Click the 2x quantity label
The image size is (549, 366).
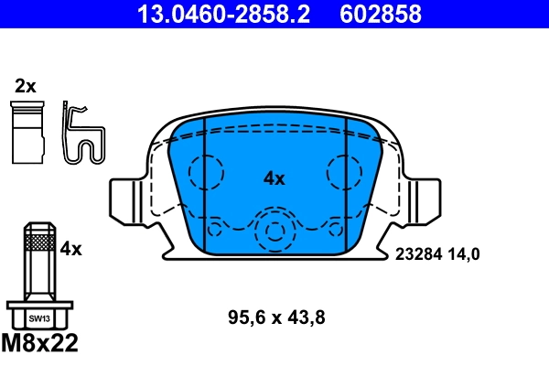pos(25,87)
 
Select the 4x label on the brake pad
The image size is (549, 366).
pos(274,179)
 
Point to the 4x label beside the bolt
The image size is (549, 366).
pos(70,248)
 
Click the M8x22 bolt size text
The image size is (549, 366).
pos(42,345)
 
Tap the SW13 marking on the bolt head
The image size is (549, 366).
pos(39,318)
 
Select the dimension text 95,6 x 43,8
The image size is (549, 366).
pos(276,318)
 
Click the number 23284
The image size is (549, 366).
pos(417,255)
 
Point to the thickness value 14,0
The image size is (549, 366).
pos(463,255)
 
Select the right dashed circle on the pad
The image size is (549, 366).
pos(345,171)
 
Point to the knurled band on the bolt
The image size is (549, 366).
pos(38,242)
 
